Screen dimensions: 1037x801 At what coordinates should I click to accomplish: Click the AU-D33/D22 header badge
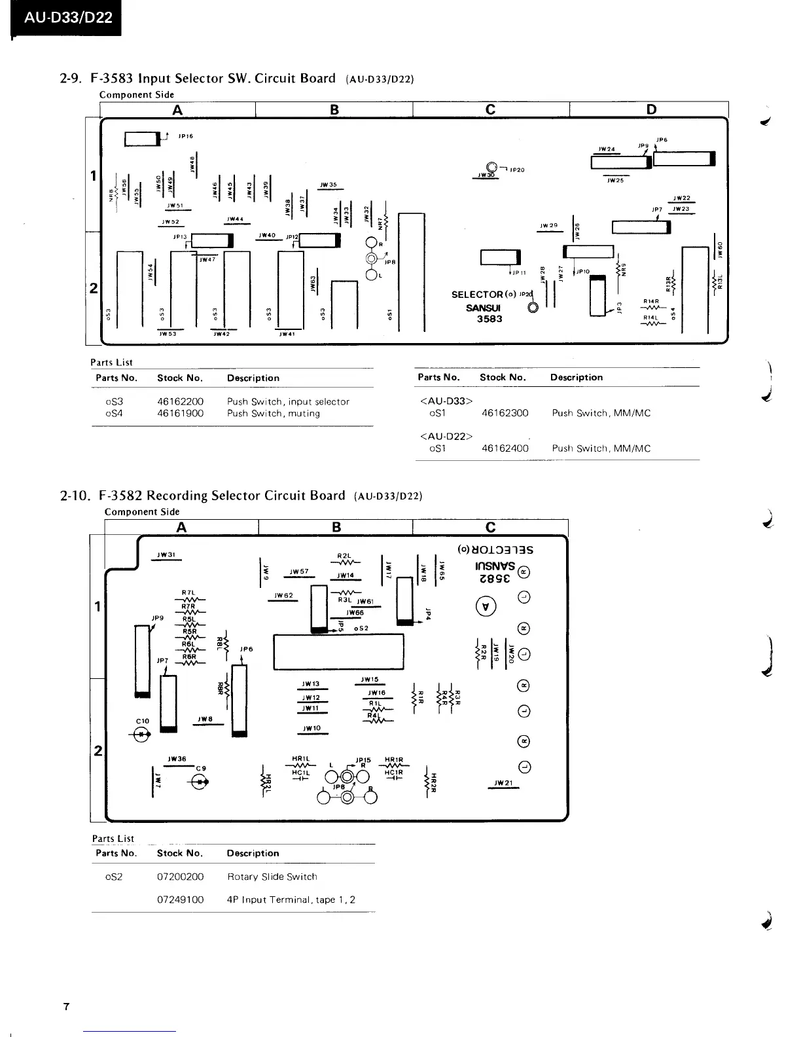[68, 18]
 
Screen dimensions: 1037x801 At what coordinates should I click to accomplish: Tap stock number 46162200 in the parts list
[180, 401]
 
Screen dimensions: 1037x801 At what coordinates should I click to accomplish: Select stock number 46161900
[180, 413]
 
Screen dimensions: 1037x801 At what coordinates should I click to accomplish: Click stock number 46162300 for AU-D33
[505, 413]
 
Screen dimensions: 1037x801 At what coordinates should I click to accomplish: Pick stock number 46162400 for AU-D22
[505, 448]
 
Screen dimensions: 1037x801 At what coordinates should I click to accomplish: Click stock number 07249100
[180, 900]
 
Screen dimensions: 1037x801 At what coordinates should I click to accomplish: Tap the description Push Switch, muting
[273, 413]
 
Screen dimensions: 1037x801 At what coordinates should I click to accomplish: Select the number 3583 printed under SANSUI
[489, 319]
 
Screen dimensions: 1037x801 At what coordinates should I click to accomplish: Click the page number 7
[66, 1006]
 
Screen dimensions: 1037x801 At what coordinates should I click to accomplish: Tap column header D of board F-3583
[651, 109]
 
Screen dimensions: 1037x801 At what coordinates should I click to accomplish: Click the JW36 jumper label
[177, 759]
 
